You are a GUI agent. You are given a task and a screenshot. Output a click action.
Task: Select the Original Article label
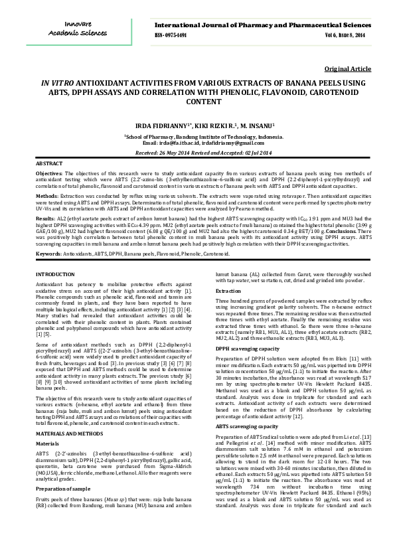click(348, 69)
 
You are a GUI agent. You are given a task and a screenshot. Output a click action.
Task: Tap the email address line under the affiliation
click(197, 143)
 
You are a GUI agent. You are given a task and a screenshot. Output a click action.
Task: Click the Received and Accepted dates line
click(197, 153)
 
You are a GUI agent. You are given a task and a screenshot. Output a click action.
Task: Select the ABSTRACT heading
click(49, 163)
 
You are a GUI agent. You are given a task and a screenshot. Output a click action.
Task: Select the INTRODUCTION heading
click(55, 274)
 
